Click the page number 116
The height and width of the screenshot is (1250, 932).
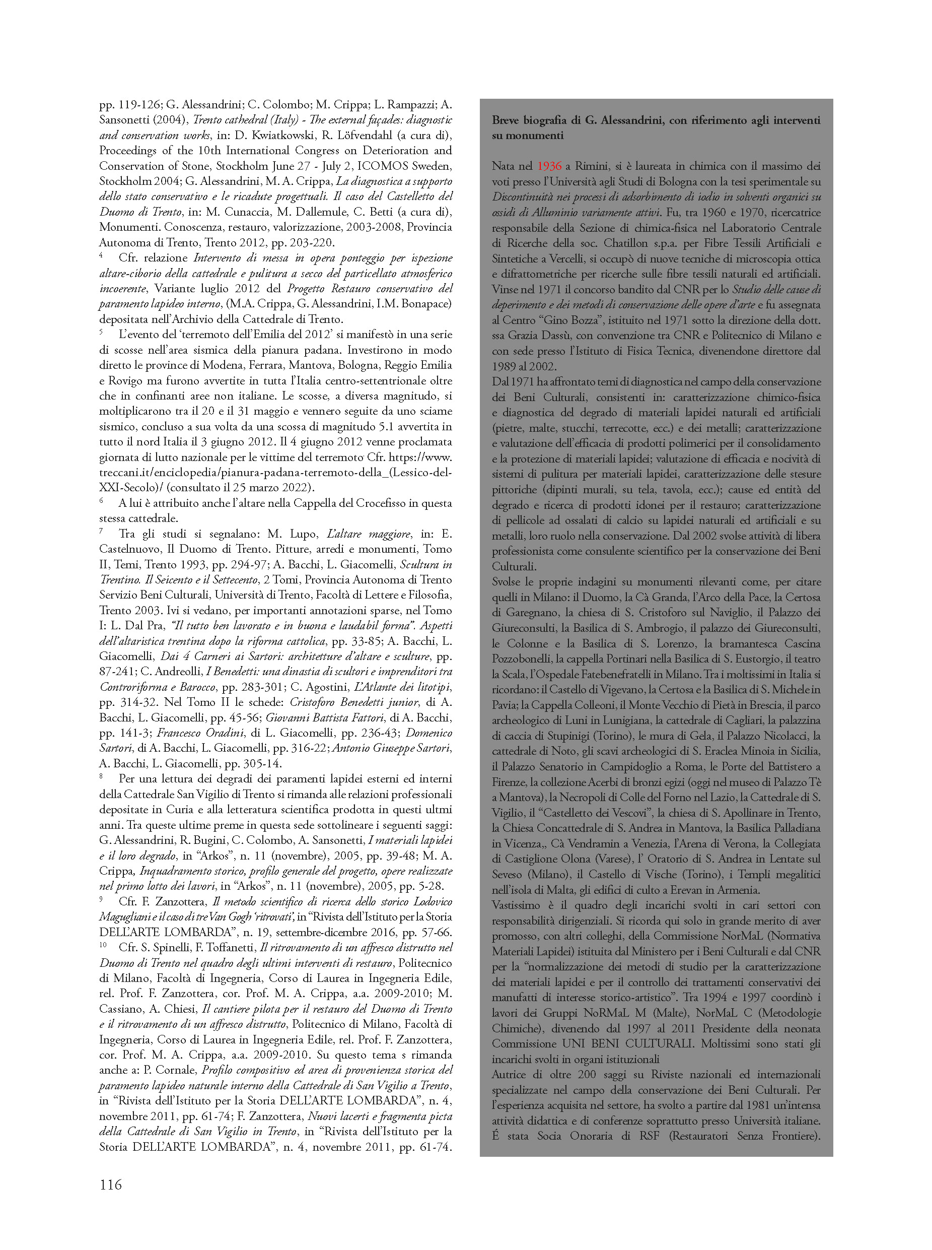(111, 1185)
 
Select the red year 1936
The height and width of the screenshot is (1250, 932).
(549, 166)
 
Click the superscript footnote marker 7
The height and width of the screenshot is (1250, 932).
(101, 531)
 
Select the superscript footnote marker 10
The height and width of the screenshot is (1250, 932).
(103, 945)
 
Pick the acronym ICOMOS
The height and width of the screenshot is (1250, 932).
(385, 166)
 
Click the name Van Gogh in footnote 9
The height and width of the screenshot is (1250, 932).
(233, 917)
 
